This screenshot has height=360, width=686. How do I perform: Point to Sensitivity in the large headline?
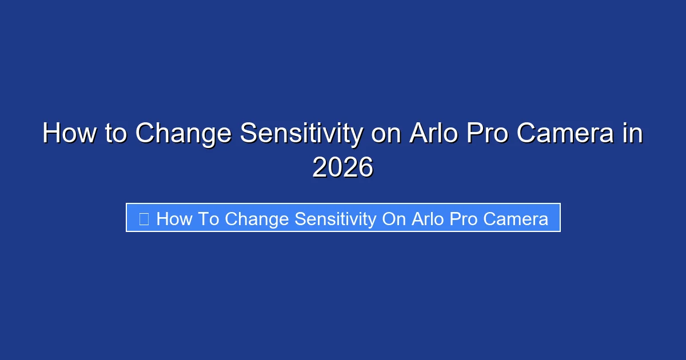(x=301, y=134)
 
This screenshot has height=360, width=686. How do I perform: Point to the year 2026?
(x=343, y=167)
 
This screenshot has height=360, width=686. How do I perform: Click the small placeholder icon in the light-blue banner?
(x=143, y=218)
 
